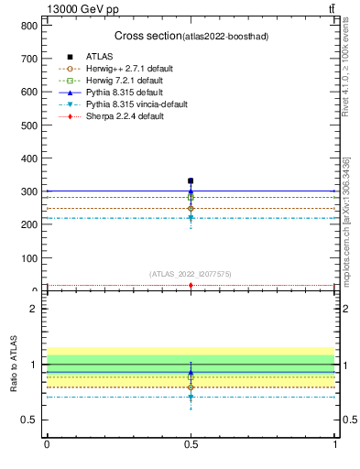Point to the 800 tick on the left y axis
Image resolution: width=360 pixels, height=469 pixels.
click(x=34, y=26)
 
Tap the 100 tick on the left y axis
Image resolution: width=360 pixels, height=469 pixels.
click(x=34, y=258)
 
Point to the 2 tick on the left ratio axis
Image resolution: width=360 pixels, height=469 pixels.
click(x=38, y=309)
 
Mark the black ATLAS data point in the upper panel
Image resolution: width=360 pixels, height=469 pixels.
click(x=191, y=181)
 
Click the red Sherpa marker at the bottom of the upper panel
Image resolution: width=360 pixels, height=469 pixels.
click(x=191, y=286)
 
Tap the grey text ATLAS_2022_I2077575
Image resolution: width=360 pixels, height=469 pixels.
click(x=191, y=274)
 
